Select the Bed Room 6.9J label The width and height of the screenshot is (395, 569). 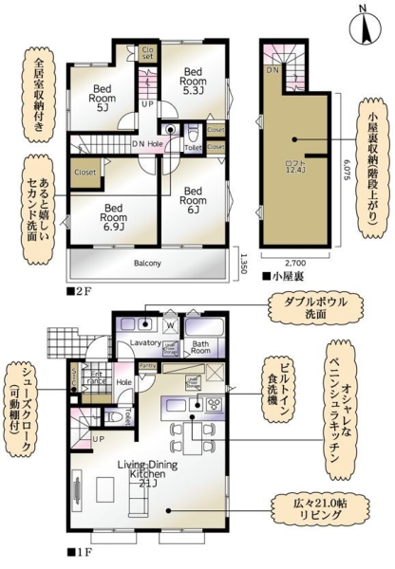(x=115, y=213)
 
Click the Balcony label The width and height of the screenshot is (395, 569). (x=146, y=263)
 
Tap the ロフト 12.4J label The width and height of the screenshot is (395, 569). (x=296, y=165)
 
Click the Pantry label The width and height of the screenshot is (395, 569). (x=147, y=365)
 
